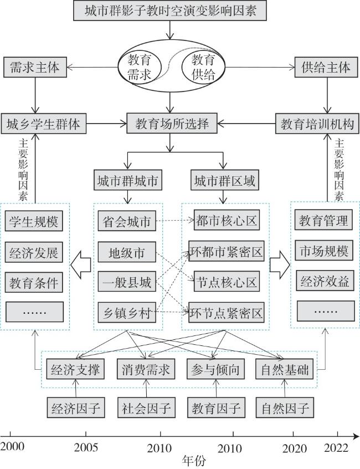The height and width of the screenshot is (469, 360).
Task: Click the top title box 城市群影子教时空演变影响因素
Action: point(171,11)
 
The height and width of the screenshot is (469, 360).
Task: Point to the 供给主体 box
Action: point(326,68)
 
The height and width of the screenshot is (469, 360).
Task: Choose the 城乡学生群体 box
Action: point(44,124)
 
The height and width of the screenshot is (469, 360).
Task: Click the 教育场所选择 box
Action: point(172,124)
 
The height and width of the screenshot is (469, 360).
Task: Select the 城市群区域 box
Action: point(224,181)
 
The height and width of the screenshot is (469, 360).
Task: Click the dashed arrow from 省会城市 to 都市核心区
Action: point(174,220)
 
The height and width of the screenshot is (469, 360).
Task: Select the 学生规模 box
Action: point(33,221)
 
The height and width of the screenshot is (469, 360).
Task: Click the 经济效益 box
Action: point(325,281)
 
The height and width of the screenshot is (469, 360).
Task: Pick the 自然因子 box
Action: point(284,409)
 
